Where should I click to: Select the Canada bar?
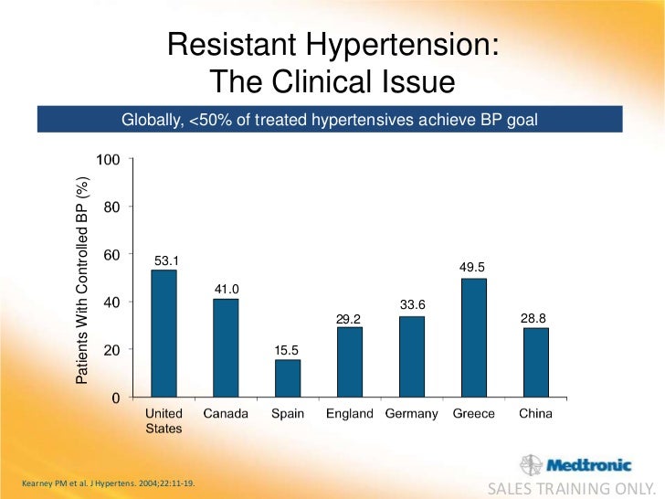click(x=226, y=348)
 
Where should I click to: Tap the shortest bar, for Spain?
click(x=288, y=378)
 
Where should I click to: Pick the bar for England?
click(x=350, y=362)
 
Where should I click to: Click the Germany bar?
click(x=412, y=356)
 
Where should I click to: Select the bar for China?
click(x=535, y=363)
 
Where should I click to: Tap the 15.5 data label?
click(x=288, y=350)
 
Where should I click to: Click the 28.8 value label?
click(x=533, y=317)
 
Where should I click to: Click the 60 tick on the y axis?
click(x=111, y=255)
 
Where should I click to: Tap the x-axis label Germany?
click(x=412, y=414)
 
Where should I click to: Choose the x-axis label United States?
click(x=165, y=421)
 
